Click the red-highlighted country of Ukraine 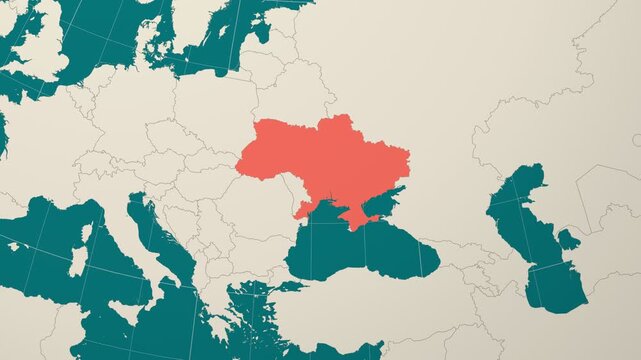click(x=320, y=160)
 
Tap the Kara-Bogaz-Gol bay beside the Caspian click(x=568, y=239)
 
